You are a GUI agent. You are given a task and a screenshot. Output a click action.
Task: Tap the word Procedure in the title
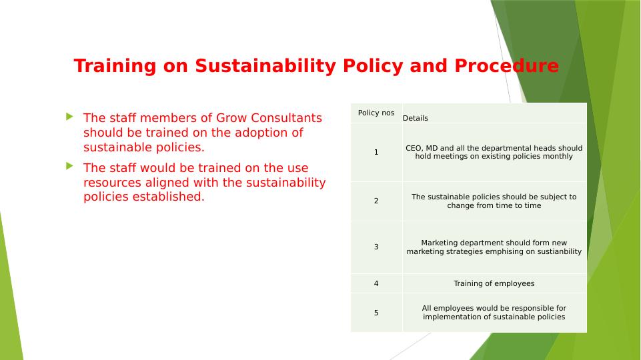click(x=506, y=65)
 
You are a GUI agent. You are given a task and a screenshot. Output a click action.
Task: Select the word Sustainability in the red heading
click(x=265, y=66)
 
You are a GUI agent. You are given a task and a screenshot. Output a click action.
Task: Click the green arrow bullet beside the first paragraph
click(x=69, y=117)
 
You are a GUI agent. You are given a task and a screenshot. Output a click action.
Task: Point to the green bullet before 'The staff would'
click(x=69, y=166)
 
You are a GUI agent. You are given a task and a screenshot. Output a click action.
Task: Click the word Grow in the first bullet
click(x=231, y=118)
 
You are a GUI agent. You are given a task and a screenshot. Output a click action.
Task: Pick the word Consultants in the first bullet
click(x=287, y=118)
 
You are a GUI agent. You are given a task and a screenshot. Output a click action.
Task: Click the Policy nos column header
click(x=376, y=113)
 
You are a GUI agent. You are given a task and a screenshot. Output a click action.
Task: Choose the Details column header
click(x=416, y=118)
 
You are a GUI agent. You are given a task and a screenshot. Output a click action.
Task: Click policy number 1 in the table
click(x=376, y=152)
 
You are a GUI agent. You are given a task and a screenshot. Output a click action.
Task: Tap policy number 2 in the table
click(x=376, y=201)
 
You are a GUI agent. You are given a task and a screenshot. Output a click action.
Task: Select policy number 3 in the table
click(x=376, y=247)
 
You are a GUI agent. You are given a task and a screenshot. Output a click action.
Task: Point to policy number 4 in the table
click(x=376, y=283)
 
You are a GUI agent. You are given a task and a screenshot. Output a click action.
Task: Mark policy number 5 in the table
click(x=376, y=313)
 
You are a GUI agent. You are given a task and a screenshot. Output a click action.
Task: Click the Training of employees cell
click(x=494, y=283)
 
